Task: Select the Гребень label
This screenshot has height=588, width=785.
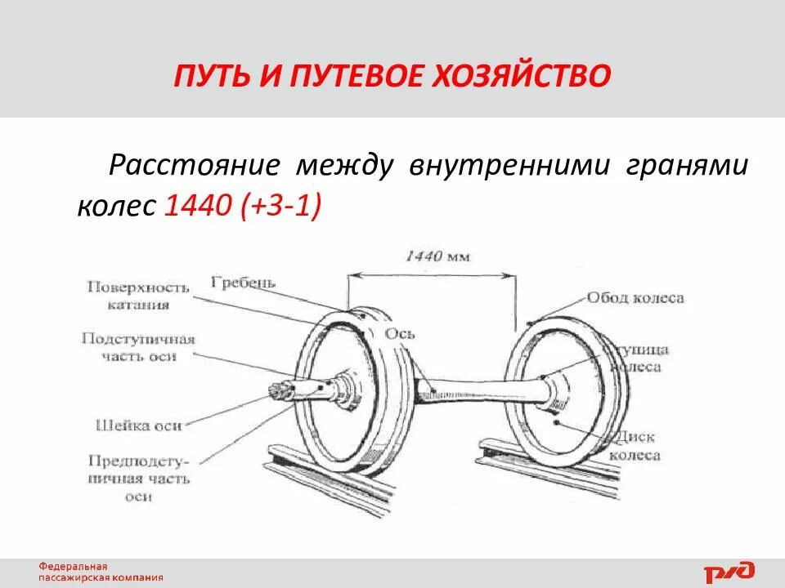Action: (x=243, y=283)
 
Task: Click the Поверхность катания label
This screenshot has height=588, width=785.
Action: (x=137, y=296)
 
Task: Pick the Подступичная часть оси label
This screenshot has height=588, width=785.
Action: (x=138, y=347)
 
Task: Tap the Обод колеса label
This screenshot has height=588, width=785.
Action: (x=635, y=298)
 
